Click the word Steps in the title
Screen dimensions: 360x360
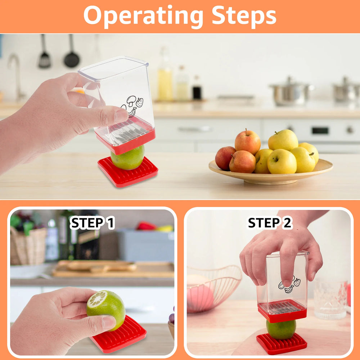click(244, 16)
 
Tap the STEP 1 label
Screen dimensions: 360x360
click(92, 223)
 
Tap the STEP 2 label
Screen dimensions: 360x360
click(270, 223)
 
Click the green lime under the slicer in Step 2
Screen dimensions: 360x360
click(281, 329)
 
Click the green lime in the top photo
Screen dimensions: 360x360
click(127, 159)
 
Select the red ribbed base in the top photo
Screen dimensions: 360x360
click(128, 173)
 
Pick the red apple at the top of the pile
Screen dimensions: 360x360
click(248, 141)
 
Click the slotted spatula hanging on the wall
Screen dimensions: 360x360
click(44, 58)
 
